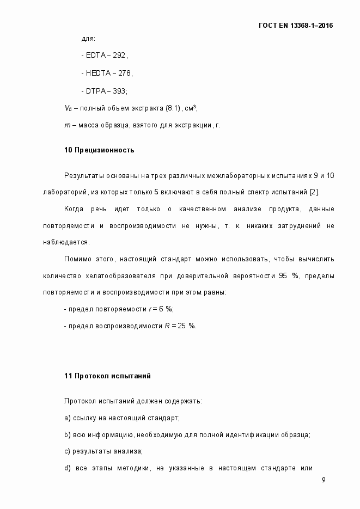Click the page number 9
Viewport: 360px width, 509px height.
(x=324, y=480)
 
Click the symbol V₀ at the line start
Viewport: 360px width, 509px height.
(x=68, y=108)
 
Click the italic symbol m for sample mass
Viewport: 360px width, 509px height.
(x=66, y=126)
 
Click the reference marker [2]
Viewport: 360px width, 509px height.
(x=314, y=192)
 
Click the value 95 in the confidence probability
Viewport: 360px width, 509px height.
(x=283, y=275)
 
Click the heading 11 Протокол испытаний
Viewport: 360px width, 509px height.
(x=107, y=376)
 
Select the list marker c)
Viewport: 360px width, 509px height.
(x=67, y=451)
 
